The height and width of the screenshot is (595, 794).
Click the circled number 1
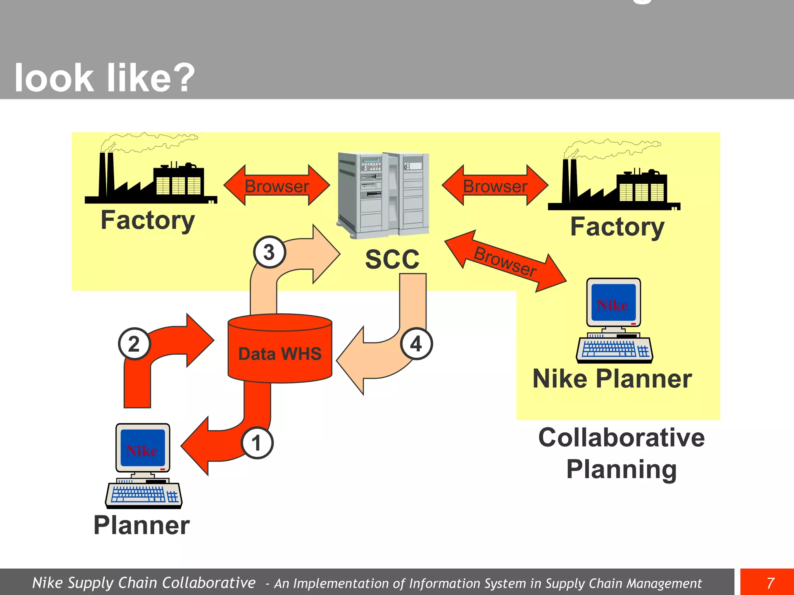coord(257,443)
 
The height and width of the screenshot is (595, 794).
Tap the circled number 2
coord(134,344)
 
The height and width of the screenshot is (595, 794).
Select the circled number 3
coord(269,252)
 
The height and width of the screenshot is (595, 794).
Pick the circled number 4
coord(416,344)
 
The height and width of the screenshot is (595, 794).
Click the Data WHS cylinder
coord(280,349)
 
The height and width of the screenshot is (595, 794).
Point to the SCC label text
coord(392,259)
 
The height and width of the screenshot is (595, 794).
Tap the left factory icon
coord(151,178)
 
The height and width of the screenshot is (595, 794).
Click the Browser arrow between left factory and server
coord(277,186)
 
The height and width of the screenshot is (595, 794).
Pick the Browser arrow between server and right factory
coord(495,186)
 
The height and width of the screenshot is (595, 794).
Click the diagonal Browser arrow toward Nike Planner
coord(506,261)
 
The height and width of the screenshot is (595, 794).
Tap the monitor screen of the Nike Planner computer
coord(613,302)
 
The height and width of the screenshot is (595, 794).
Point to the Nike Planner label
coord(612,378)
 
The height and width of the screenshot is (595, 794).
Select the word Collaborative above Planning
coord(621,438)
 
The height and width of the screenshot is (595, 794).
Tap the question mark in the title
coord(182,77)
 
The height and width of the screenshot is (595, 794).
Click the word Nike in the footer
coord(47,583)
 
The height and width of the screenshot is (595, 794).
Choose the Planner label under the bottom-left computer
coord(142,525)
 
